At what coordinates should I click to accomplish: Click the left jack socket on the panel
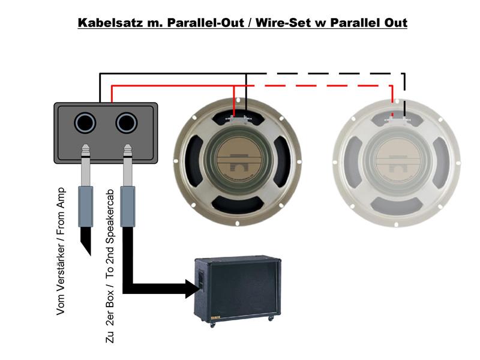85,123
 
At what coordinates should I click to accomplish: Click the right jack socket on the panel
127,123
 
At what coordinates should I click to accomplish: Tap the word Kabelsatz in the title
110,23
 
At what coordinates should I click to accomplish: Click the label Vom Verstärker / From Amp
61,251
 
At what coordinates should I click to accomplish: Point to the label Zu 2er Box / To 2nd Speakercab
110,266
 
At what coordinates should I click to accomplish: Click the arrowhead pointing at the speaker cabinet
192,289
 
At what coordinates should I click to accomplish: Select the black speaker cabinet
238,291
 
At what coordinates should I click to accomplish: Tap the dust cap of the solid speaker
238,160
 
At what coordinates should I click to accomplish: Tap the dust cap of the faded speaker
397,161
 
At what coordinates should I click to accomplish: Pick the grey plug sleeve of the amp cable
85,206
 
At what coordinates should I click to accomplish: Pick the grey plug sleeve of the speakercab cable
128,206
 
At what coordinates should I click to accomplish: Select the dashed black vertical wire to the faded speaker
404,95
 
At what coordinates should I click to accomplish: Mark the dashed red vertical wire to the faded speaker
392,100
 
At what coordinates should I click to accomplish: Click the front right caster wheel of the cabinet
271,319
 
